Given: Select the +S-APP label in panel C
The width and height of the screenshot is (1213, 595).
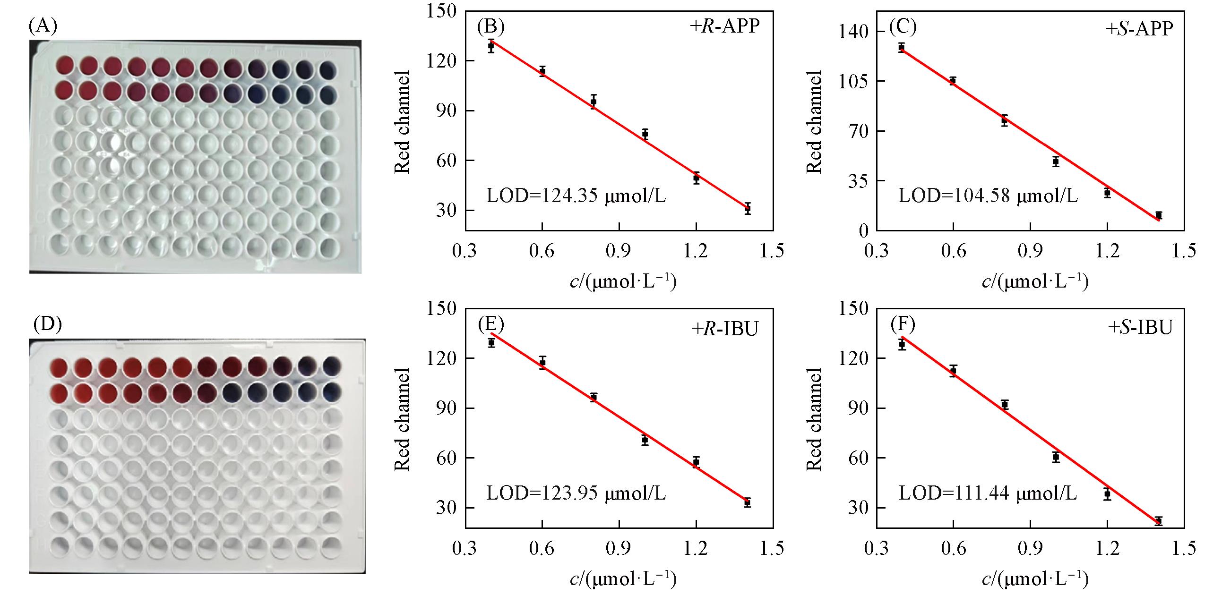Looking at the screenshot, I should click(x=1139, y=29).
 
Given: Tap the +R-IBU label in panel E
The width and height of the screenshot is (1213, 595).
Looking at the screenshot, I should click(x=725, y=328).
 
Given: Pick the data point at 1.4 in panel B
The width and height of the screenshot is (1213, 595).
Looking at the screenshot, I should click(x=748, y=208).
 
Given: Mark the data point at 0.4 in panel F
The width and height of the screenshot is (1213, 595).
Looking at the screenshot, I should click(x=902, y=344).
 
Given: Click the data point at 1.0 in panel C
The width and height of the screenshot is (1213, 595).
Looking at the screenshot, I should click(x=1056, y=161).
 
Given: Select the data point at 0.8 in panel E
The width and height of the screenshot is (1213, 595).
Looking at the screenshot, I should click(x=594, y=397).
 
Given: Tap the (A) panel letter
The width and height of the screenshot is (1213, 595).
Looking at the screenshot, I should click(x=43, y=26).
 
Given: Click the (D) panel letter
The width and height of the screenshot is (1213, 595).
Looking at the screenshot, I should click(x=48, y=325).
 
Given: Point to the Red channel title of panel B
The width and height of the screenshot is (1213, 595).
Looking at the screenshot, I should click(x=402, y=122).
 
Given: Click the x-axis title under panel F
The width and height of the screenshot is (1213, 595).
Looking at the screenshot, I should click(x=1035, y=579).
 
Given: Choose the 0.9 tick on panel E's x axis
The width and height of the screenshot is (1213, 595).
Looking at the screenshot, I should click(x=619, y=548).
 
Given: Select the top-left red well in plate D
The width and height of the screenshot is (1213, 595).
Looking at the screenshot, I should click(x=60, y=366).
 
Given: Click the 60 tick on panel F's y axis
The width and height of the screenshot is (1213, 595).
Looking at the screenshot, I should click(x=856, y=458).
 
